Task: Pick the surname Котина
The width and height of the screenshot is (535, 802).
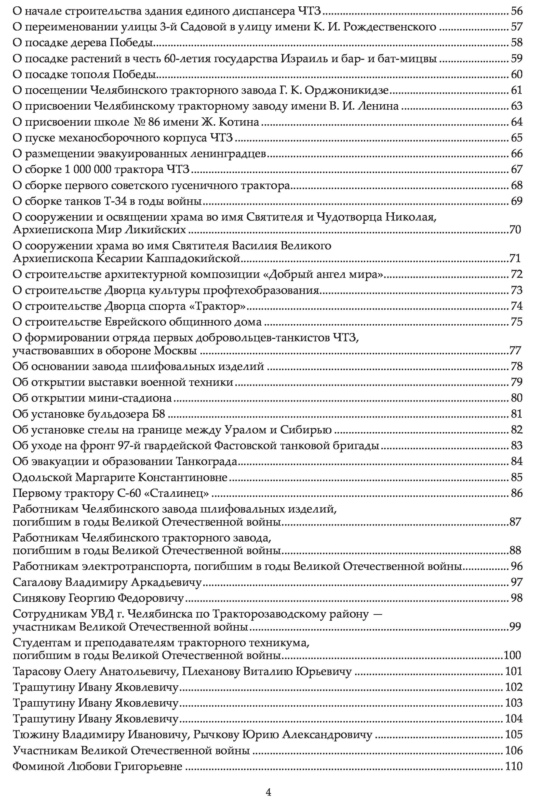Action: (x=238, y=122)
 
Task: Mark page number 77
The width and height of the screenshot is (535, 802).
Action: (x=515, y=351)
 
